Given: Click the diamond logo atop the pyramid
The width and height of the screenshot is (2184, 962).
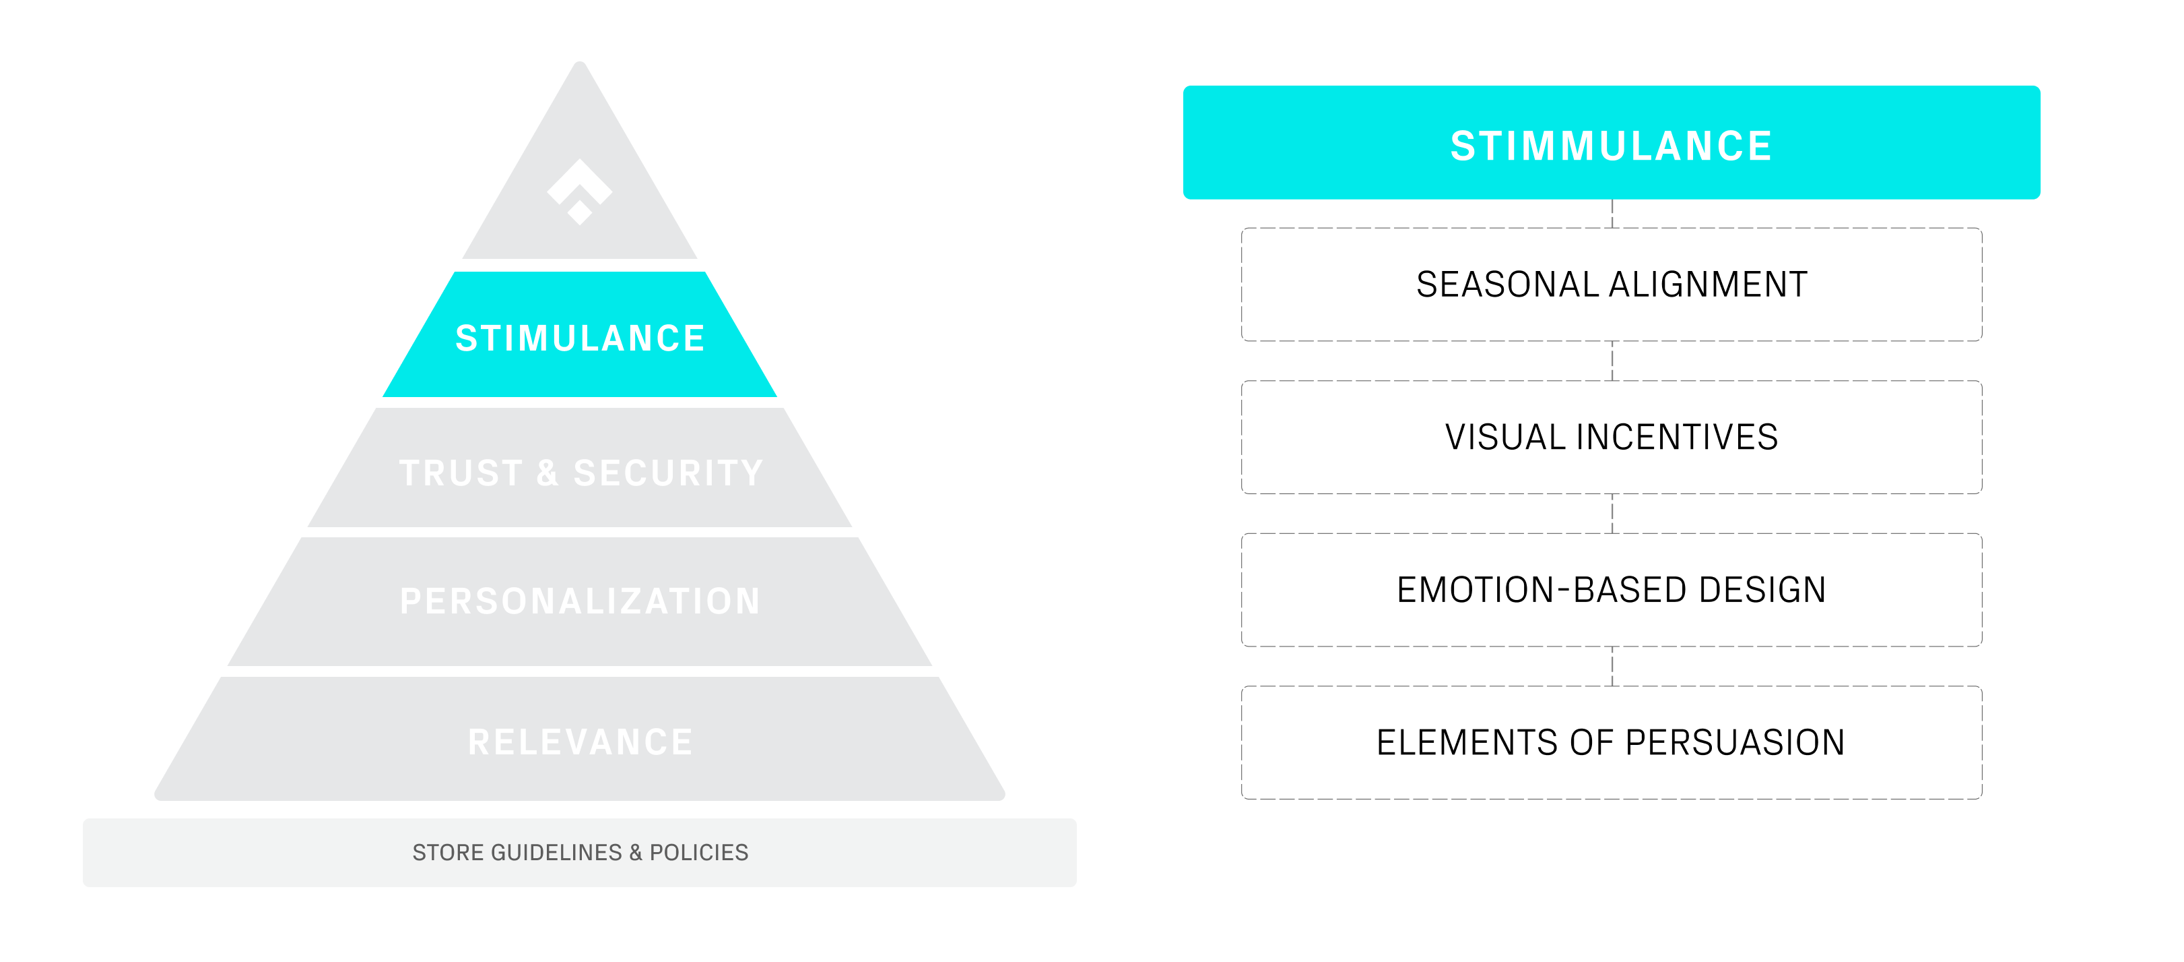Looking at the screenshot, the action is [580, 191].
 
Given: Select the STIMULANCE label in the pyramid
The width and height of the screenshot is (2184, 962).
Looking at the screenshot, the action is [580, 338].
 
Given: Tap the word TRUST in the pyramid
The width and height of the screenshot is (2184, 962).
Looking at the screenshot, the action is [461, 473].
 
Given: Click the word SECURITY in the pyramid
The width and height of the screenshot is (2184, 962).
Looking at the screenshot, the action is [668, 473].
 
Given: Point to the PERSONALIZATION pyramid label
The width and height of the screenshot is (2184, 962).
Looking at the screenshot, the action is [580, 601].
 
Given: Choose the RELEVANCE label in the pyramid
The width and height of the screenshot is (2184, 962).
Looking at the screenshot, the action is [580, 742].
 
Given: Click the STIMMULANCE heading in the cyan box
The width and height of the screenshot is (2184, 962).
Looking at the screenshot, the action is [1611, 146].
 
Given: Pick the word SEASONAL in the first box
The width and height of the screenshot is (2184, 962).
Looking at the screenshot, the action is [1507, 284].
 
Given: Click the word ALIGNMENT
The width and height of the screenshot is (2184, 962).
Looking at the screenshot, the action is [1709, 284].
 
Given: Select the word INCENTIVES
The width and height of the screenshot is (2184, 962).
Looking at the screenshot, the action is [1677, 437].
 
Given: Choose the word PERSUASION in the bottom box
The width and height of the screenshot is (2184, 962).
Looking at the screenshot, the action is [1735, 742].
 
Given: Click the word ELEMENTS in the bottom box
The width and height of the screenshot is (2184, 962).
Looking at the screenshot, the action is [1467, 742].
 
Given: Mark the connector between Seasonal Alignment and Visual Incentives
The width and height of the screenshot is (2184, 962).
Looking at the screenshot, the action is [1612, 361].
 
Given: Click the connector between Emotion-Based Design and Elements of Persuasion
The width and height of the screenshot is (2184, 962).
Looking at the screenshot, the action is [1612, 666].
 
